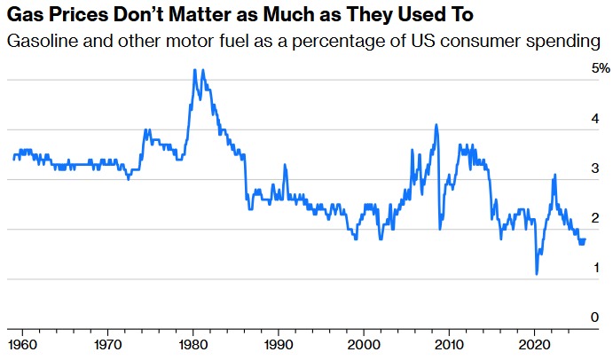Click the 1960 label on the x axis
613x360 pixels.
tap(21, 343)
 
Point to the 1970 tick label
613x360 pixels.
tap(107, 343)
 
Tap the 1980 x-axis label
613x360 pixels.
tap(193, 343)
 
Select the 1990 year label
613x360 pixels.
tap(279, 343)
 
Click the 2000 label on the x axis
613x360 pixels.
tap(364, 343)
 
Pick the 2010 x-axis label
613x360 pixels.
tap(450, 343)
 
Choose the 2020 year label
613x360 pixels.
tap(535, 343)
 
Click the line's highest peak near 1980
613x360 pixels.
tap(195, 70)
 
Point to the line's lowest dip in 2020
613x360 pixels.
tap(537, 274)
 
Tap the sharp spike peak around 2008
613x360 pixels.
tap(436, 125)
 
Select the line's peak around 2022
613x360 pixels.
tap(554, 175)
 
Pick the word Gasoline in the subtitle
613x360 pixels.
tap(39, 41)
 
